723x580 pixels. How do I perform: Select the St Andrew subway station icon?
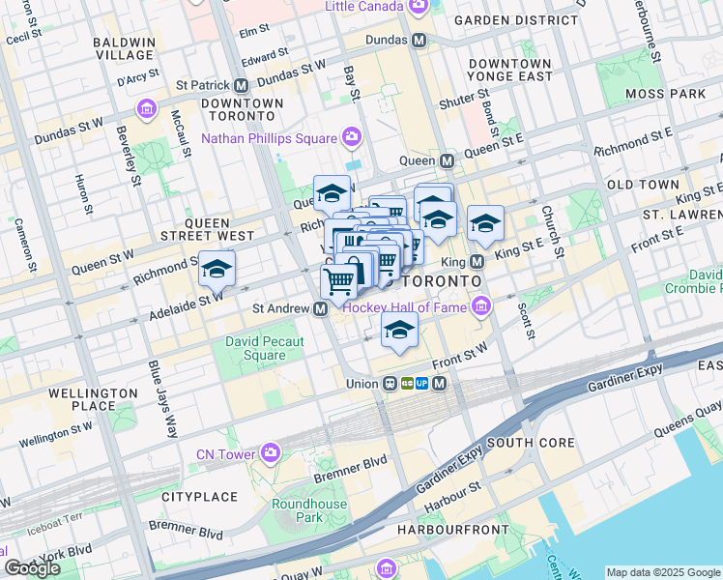[320, 309]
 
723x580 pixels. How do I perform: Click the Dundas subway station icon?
[419, 41]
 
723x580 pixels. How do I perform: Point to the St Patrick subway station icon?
[241, 85]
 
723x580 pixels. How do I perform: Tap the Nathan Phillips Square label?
[268, 138]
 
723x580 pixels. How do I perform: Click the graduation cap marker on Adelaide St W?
[217, 269]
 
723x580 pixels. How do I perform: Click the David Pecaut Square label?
[264, 348]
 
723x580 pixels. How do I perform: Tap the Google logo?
[33, 568]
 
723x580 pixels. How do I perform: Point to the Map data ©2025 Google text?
[662, 572]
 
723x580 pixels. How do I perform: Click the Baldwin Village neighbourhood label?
[124, 49]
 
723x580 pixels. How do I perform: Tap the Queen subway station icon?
[448, 160]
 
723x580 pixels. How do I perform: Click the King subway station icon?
[477, 262]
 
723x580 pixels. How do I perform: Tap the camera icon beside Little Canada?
[418, 7]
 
